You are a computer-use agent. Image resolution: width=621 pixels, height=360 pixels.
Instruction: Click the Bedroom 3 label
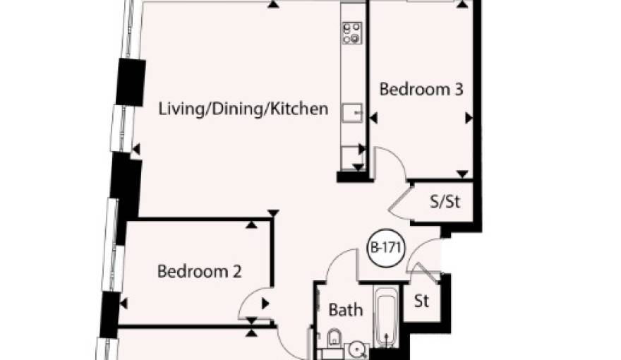(421, 89)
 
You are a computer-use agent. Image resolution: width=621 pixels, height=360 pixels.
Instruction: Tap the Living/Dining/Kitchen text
(243, 109)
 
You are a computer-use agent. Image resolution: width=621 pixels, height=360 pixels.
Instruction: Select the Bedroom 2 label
(199, 271)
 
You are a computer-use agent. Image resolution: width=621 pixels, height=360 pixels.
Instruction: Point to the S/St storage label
(445, 202)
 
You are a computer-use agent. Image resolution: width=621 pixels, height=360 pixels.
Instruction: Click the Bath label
(346, 310)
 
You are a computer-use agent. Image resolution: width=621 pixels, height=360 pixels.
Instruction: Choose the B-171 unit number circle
(386, 248)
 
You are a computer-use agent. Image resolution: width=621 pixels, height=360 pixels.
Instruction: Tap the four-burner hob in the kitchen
(351, 33)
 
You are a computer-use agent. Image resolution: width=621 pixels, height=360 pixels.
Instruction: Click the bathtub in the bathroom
(386, 317)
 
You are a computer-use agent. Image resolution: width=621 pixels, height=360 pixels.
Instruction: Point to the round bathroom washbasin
(358, 349)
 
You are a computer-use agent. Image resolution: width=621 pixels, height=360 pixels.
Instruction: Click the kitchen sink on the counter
(352, 113)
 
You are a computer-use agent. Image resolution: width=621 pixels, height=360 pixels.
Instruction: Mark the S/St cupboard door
(401, 204)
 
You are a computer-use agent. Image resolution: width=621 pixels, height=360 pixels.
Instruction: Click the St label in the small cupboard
(421, 301)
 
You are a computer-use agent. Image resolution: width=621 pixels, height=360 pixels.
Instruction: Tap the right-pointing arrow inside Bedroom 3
(469, 118)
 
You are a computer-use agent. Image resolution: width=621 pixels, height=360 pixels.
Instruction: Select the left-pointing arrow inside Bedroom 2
(123, 304)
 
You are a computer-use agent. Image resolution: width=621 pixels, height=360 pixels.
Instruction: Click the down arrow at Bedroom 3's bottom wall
(462, 174)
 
